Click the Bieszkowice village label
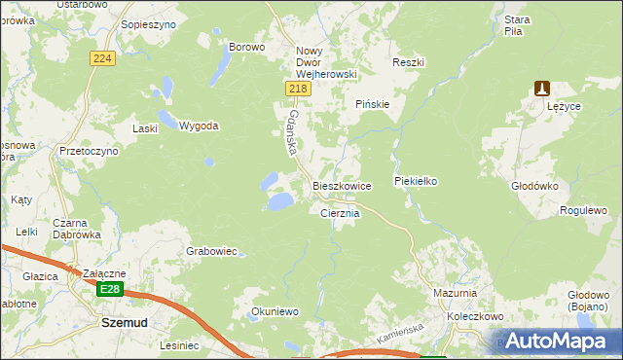coord(341,185)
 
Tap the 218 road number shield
coord(298,89)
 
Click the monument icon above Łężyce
coord(543,89)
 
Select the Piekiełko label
coord(419,181)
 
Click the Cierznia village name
coord(341,212)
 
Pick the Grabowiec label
coord(211,251)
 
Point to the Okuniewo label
coord(275,311)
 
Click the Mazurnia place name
coord(455,292)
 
